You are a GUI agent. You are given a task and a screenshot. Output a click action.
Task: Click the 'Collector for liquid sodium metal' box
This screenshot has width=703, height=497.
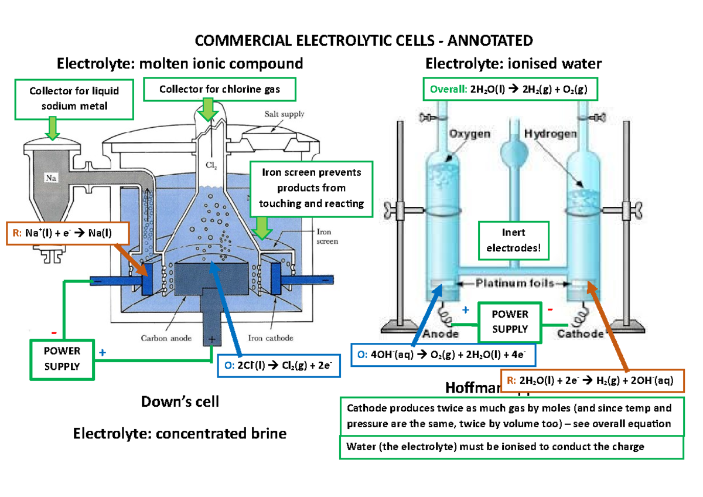[x=75, y=98]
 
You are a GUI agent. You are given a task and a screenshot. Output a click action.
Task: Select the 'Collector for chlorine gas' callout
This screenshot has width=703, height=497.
[x=220, y=90]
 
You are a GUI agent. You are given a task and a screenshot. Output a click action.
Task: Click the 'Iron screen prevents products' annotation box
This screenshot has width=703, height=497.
[x=311, y=188]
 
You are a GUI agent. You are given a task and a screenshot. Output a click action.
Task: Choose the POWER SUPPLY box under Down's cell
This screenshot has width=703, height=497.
[x=62, y=359]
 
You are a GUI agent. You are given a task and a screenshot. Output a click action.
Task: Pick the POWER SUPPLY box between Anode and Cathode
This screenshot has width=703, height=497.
[x=510, y=322]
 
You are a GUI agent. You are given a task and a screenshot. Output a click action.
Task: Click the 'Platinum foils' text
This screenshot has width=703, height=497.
[x=514, y=284]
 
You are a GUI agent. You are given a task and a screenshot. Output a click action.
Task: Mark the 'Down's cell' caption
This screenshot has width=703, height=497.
[x=180, y=402]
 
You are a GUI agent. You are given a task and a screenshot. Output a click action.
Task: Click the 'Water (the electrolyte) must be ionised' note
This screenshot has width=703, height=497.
[x=511, y=447]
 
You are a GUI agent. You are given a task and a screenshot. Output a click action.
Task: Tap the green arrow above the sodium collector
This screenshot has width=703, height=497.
[x=53, y=128]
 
